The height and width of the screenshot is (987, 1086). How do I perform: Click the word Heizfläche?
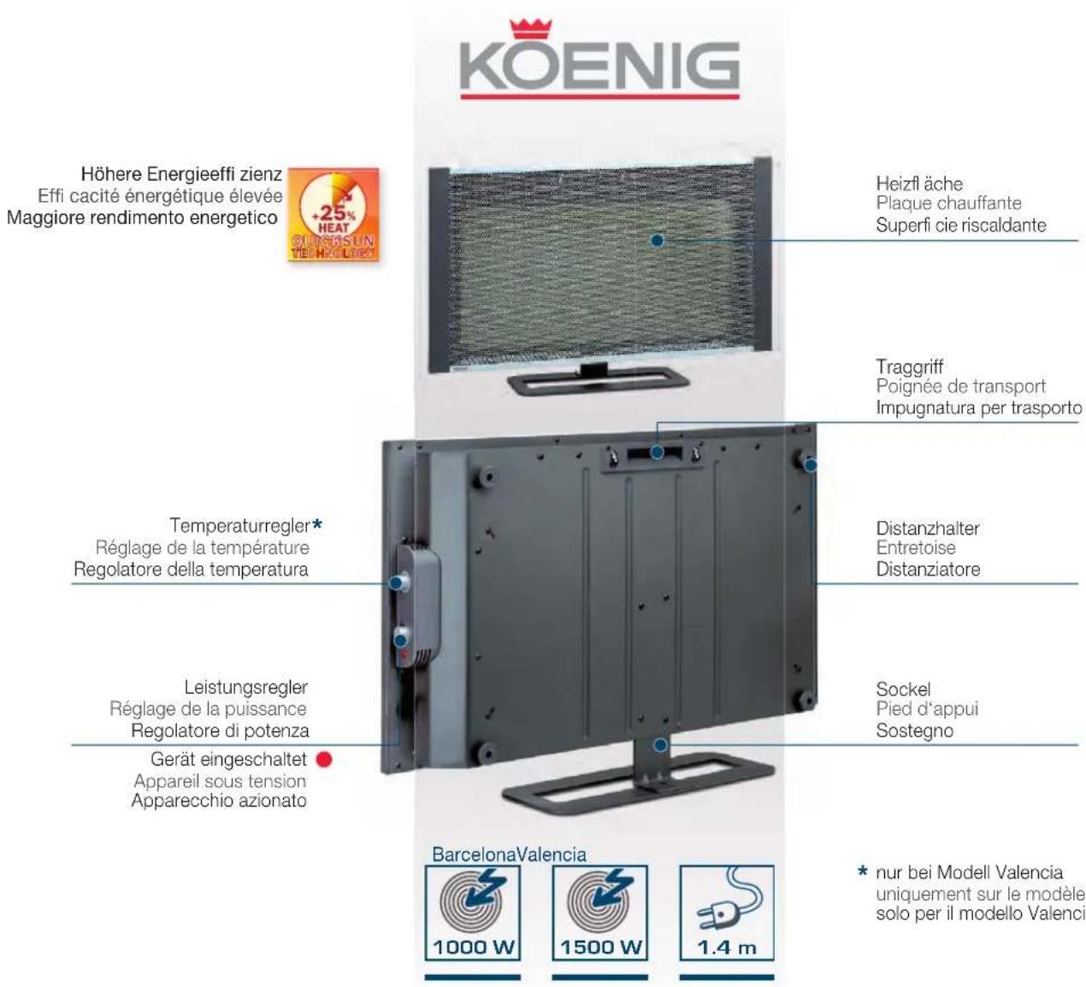(x=919, y=184)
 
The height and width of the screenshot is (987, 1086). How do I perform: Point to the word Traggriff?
(x=909, y=367)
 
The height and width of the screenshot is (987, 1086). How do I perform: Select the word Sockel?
(x=903, y=689)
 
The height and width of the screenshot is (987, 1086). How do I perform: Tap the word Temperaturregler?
(x=239, y=525)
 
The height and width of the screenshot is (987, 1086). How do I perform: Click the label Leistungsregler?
(x=246, y=687)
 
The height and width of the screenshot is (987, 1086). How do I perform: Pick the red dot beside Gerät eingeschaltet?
(x=323, y=759)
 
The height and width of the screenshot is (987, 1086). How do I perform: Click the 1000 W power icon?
(x=472, y=912)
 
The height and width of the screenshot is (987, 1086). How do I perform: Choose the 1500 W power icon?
(x=599, y=912)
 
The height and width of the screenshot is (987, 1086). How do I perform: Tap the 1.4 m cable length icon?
(x=726, y=912)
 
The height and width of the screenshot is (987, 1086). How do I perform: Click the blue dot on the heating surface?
(x=657, y=240)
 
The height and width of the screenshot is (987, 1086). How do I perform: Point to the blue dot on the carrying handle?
(x=657, y=452)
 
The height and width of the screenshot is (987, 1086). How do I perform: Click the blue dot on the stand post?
(x=660, y=744)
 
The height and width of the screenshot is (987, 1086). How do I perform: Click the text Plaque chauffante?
(x=948, y=204)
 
